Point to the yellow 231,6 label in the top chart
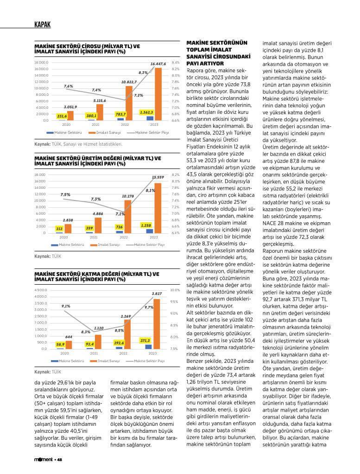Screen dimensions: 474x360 (x=63, y=116)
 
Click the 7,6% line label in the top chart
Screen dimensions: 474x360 (x=69, y=87)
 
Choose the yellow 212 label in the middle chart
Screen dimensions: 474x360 (x=59, y=229)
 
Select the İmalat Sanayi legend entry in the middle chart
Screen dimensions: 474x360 (x=108, y=244)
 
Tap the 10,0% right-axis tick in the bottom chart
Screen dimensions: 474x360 (x=175, y=290)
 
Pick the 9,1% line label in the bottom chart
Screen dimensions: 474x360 (x=66, y=306)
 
